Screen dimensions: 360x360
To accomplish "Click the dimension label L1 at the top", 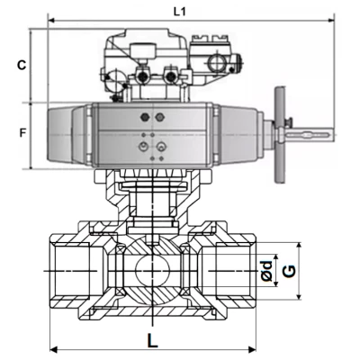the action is point(180,12).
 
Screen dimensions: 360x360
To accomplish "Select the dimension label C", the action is point(22,65).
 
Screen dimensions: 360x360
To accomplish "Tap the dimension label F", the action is point(22,132).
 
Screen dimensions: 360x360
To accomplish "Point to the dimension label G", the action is point(290,271).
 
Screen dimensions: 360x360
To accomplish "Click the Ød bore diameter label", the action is point(266,271).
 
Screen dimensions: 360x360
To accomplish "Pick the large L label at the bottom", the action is point(153,340).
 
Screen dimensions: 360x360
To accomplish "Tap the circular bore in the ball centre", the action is point(153,271).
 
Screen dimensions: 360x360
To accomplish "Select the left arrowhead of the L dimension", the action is point(53,349).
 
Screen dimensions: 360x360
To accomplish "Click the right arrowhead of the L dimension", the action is point(252,349).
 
